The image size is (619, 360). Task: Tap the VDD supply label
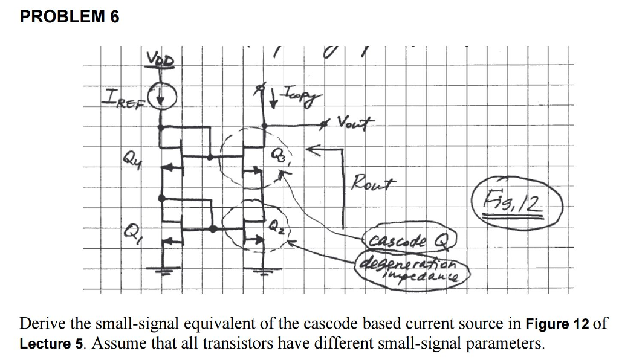[x=160, y=59]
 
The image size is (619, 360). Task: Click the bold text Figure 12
[x=557, y=323]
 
